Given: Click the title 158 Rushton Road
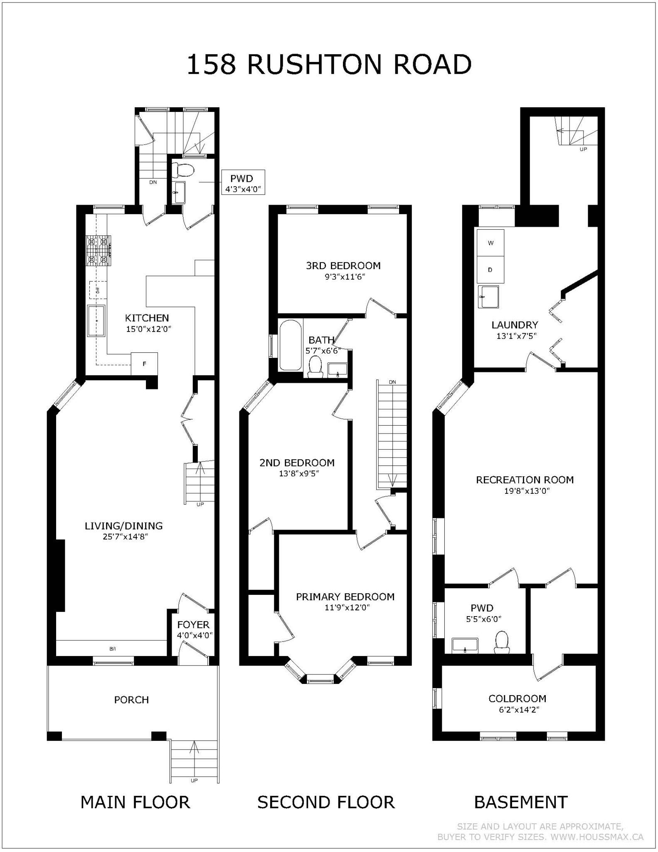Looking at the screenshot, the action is (x=329, y=65).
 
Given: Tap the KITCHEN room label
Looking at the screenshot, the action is (x=147, y=318).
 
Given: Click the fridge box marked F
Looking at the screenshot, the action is (x=145, y=364).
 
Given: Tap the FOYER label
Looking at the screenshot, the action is (x=193, y=624).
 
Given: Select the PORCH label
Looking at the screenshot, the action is (x=131, y=700).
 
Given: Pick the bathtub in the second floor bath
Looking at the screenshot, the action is (x=291, y=344).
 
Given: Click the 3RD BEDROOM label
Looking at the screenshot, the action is (x=343, y=265).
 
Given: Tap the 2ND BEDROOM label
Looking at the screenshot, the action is (x=297, y=463).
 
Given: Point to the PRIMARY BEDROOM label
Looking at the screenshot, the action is (x=345, y=597).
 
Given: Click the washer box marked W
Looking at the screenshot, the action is (x=490, y=243).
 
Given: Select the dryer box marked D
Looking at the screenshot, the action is (x=490, y=270).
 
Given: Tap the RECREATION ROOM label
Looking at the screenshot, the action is (x=525, y=480).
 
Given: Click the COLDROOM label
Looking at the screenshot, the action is (x=518, y=698).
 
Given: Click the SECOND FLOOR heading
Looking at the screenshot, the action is (x=326, y=802).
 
